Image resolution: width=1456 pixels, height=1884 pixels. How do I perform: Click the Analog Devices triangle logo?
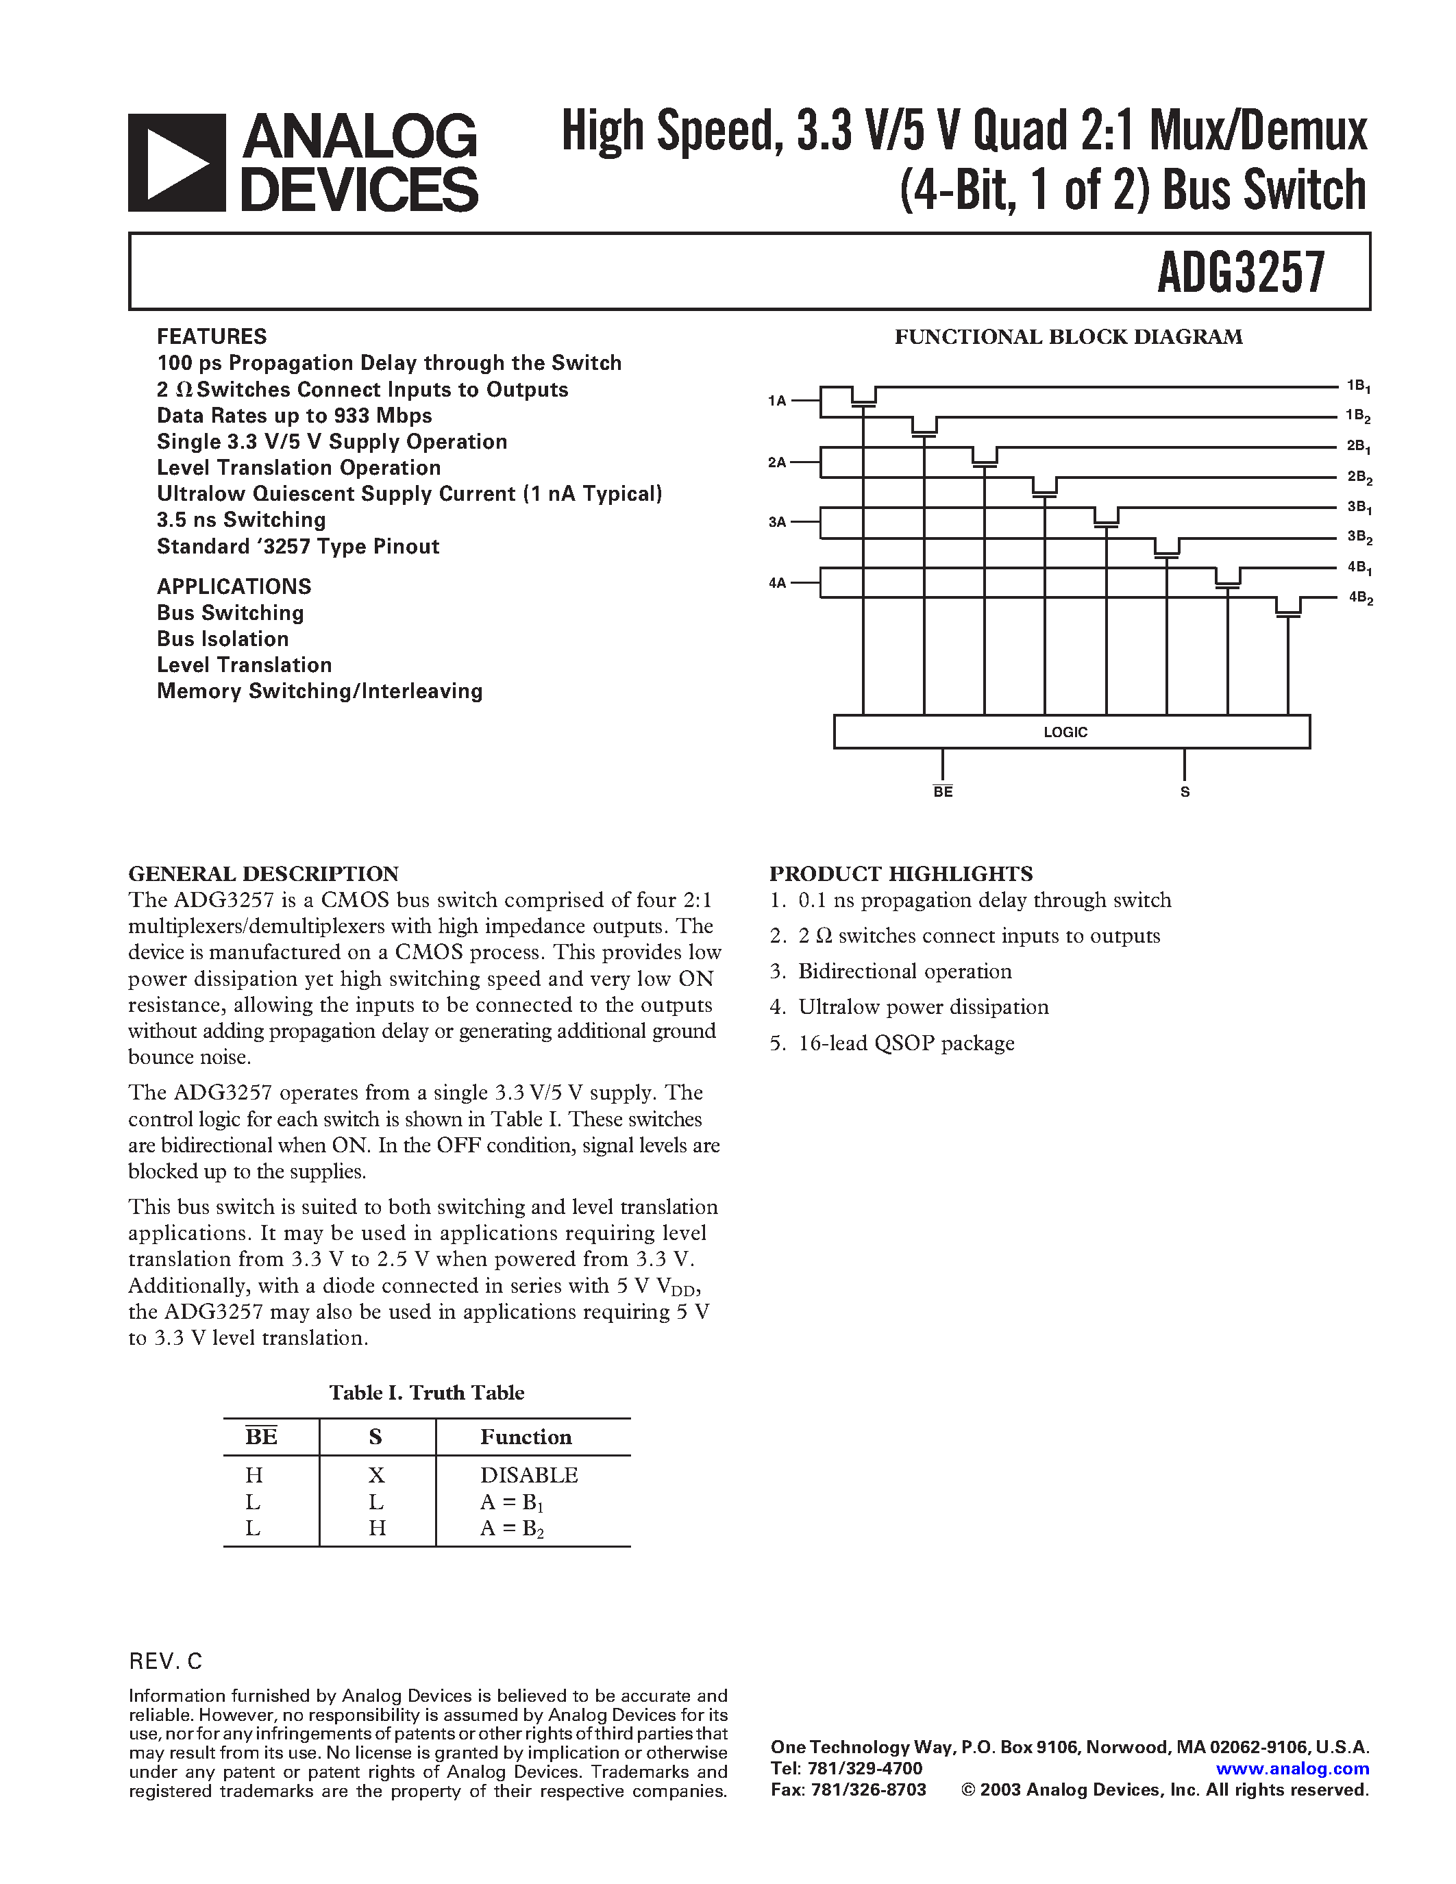(177, 162)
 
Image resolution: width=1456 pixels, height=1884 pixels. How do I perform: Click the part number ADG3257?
(1239, 273)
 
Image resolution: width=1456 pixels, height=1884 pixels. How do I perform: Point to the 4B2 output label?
(1360, 598)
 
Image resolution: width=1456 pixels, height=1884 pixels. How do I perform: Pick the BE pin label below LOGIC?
(943, 792)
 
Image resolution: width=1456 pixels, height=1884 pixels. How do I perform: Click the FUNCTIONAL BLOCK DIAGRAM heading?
(1068, 337)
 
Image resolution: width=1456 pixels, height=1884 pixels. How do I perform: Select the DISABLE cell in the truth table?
(529, 1475)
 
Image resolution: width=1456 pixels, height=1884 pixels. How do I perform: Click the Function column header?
(526, 1436)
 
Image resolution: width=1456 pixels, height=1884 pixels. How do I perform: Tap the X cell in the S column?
(376, 1475)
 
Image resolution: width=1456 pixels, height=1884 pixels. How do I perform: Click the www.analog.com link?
(1292, 1768)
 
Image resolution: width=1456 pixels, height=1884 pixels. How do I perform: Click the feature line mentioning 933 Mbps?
(294, 416)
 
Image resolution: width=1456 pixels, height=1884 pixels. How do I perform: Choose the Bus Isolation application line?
(223, 639)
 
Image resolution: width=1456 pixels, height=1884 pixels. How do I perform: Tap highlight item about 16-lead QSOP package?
(905, 1043)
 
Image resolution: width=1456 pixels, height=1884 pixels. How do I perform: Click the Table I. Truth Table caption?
(426, 1392)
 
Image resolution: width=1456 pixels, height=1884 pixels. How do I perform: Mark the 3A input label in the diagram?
(777, 522)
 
